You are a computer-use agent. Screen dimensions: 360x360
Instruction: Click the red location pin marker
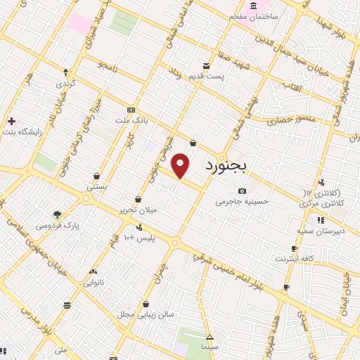click(x=181, y=166)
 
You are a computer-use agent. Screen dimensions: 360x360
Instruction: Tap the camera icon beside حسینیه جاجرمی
click(x=243, y=191)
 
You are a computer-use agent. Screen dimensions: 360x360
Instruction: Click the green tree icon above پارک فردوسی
click(x=57, y=214)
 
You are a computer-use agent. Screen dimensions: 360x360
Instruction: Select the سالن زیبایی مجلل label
click(x=146, y=315)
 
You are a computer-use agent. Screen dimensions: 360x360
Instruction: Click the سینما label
click(x=210, y=347)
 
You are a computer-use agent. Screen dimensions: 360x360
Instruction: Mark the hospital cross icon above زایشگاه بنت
click(x=11, y=121)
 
